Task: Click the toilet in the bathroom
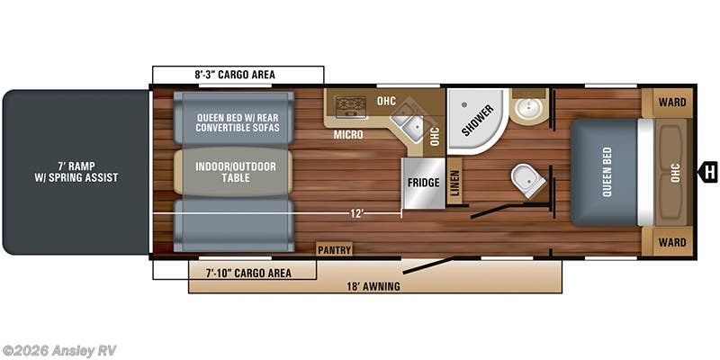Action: point(527,180)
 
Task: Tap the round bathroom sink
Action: point(527,110)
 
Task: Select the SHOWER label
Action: point(478,121)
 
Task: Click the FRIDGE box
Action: point(423,183)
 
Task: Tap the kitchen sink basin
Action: point(412,127)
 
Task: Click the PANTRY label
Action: point(334,249)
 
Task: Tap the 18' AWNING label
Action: point(375,286)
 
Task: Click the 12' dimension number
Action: point(357,213)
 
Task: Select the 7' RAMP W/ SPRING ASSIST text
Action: point(76,171)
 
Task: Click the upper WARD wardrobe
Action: point(670,102)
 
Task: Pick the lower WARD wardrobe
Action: point(670,242)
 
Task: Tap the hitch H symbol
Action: point(709,171)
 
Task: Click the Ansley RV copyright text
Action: point(59,350)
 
